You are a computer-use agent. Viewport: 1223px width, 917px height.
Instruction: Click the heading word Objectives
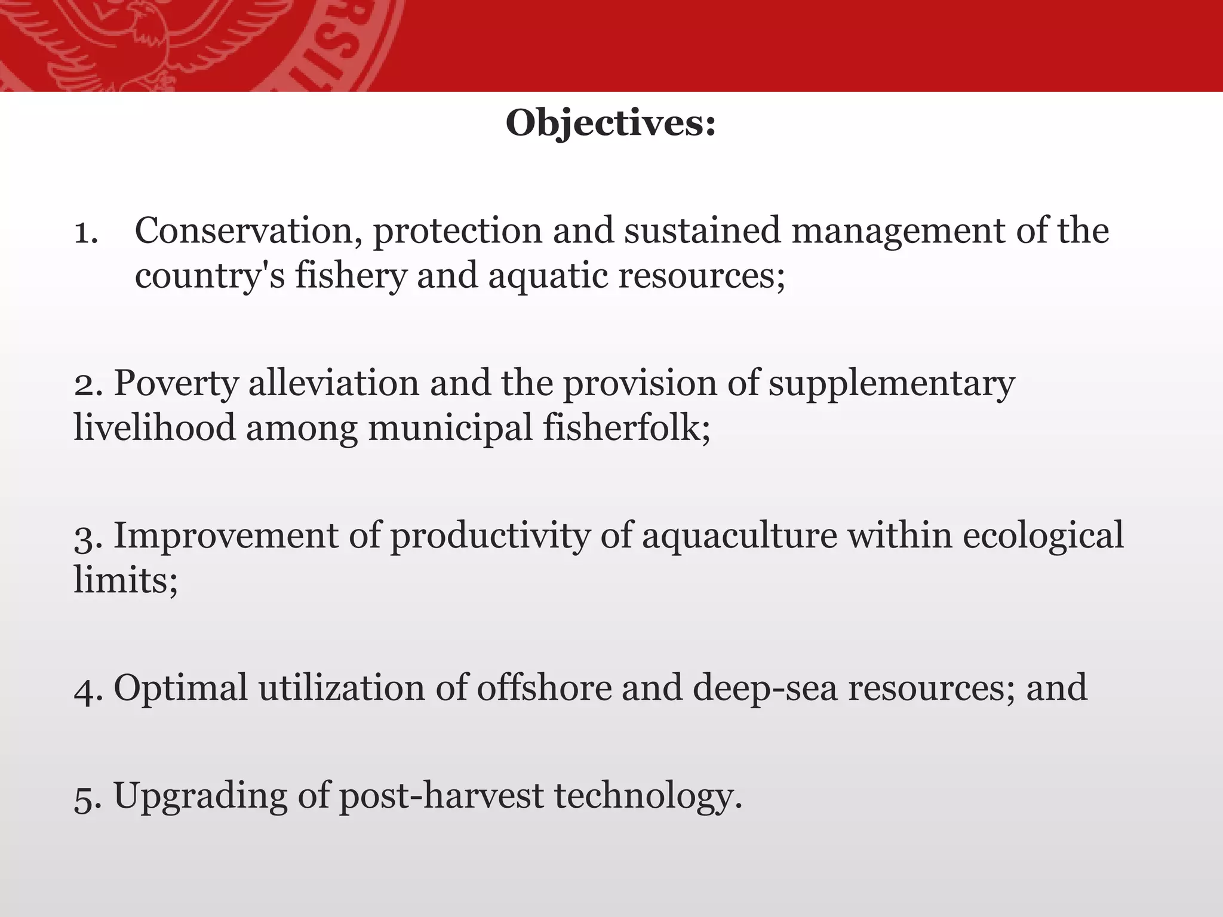coord(610,124)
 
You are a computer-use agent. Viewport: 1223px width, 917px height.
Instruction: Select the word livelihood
coord(154,428)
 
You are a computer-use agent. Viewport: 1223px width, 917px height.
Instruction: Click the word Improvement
coord(226,536)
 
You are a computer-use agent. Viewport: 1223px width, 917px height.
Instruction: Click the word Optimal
coord(180,688)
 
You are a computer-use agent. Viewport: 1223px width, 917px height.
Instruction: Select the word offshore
coord(544,688)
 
